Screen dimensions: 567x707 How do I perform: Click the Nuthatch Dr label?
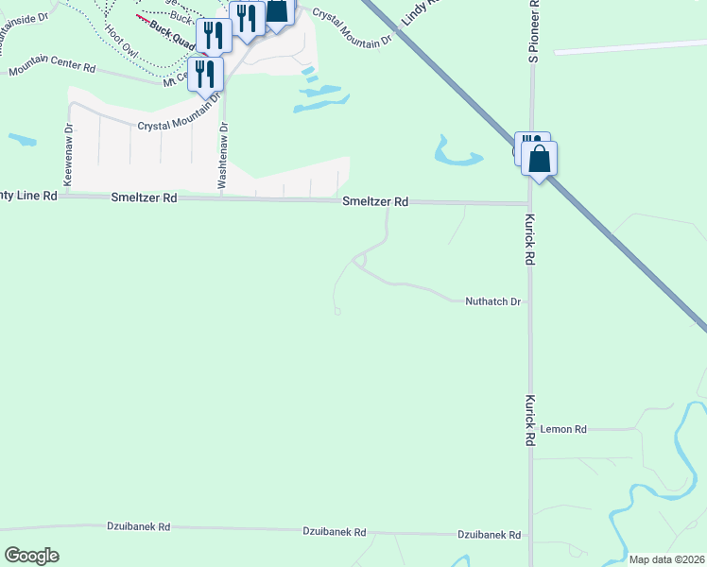tap(492, 302)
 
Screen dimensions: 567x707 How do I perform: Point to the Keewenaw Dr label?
tap(68, 153)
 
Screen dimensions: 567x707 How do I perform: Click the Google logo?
tap(31, 556)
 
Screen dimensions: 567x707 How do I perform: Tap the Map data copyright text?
tap(666, 559)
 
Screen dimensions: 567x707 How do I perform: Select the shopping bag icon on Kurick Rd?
tap(540, 158)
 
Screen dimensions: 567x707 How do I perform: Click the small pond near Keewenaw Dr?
tap(23, 140)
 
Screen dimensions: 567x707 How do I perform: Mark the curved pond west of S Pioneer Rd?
tap(455, 152)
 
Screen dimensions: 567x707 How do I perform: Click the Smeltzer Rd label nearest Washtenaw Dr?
tap(144, 198)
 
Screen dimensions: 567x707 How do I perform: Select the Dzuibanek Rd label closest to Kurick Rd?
tap(489, 535)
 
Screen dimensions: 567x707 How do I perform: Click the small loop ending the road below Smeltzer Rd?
tap(337, 310)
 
